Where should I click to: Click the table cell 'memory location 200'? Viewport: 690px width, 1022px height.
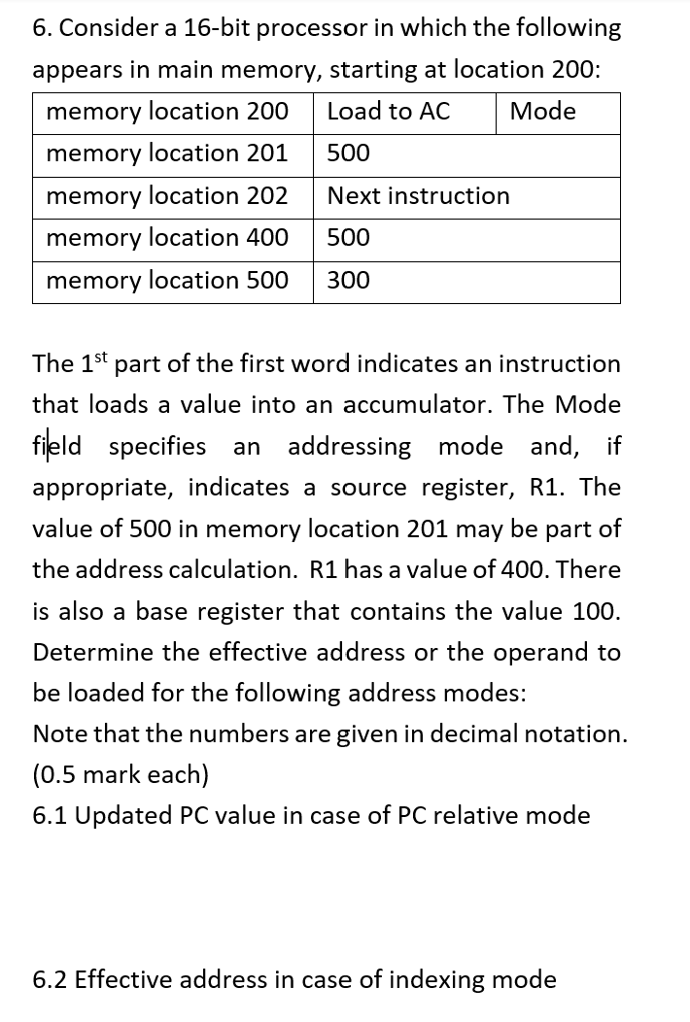[167, 112]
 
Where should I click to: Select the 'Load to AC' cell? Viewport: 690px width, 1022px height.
[389, 112]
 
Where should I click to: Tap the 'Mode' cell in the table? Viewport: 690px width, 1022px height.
[542, 112]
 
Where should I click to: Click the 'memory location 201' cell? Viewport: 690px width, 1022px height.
[167, 153]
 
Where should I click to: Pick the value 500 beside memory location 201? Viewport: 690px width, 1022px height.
[349, 153]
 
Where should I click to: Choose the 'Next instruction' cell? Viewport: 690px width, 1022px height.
[418, 196]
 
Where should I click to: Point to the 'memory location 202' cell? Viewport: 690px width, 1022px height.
[167, 196]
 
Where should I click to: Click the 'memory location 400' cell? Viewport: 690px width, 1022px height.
[167, 238]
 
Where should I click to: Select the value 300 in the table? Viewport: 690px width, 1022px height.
[349, 281]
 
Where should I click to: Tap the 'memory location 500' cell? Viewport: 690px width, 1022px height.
[167, 281]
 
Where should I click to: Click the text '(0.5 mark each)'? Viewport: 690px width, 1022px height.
[121, 775]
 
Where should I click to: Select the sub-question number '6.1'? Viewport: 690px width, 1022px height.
[52, 815]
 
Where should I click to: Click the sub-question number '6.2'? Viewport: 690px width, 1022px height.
[52, 979]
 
